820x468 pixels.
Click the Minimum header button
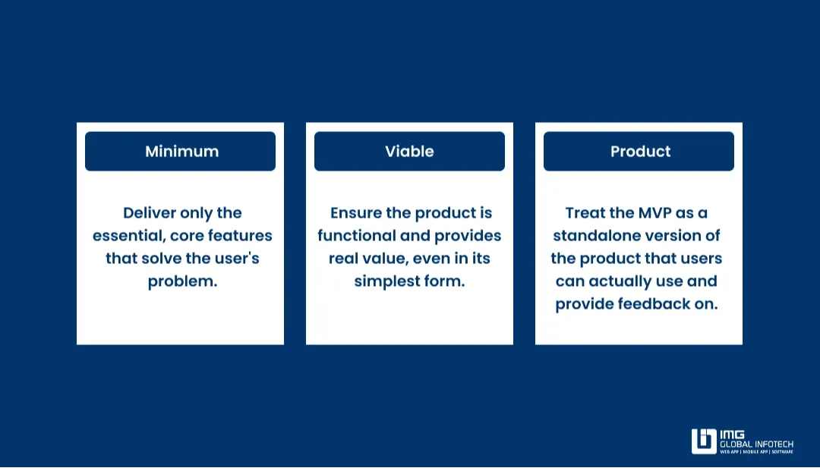point(181,151)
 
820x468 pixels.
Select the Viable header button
point(409,151)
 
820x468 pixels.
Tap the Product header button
point(639,151)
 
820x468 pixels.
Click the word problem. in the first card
point(182,281)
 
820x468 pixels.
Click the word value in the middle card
point(386,259)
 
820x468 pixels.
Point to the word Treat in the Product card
point(586,213)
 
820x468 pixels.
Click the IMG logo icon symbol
point(703,441)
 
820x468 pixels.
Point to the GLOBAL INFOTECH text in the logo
point(756,444)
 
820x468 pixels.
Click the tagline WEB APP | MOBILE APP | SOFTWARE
point(756,451)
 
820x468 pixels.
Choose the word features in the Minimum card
point(241,236)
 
